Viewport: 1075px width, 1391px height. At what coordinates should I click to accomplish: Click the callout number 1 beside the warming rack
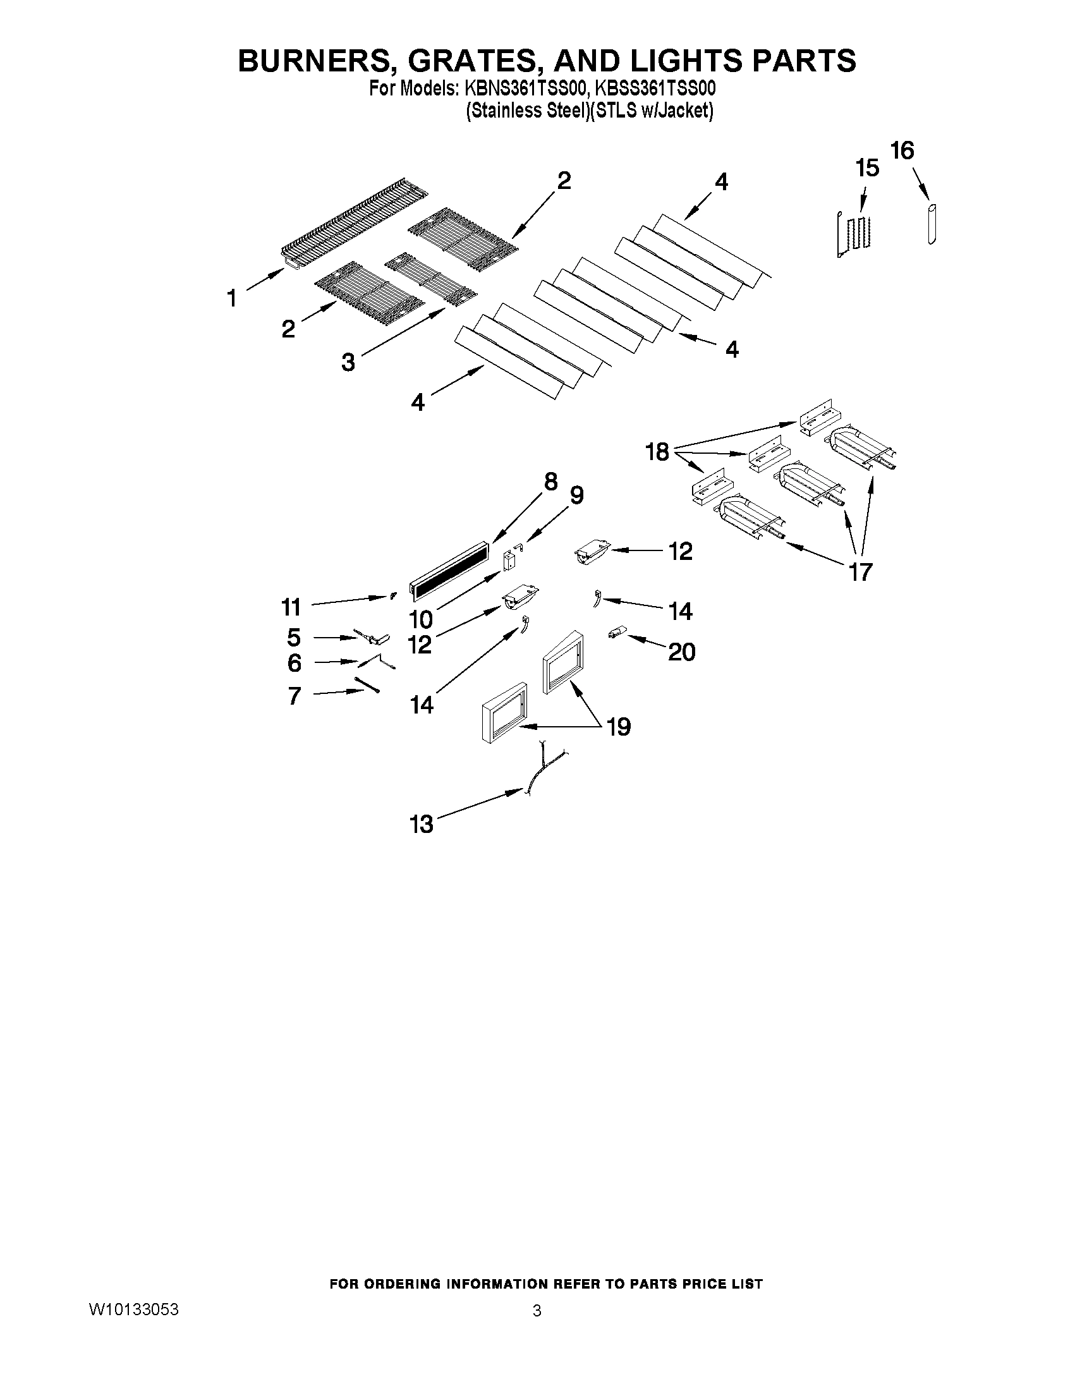pos(232,298)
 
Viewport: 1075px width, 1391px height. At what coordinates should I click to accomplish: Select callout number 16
pos(902,151)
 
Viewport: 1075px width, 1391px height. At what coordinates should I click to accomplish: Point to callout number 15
pos(867,168)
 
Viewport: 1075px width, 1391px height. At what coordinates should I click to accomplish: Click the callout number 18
pos(657,453)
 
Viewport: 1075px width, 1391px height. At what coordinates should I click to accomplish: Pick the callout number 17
pos(860,572)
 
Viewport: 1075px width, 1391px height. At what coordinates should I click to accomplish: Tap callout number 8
pos(551,482)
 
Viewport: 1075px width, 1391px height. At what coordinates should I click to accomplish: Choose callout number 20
pos(681,652)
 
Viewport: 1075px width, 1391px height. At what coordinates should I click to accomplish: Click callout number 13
pos(422,824)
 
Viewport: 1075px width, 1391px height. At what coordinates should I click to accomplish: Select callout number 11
pos(291,607)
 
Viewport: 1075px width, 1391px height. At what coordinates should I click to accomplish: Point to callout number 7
pos(295,695)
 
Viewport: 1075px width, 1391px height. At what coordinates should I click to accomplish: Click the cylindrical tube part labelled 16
pos(932,224)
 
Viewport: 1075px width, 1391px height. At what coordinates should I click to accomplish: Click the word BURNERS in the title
pos(312,61)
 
